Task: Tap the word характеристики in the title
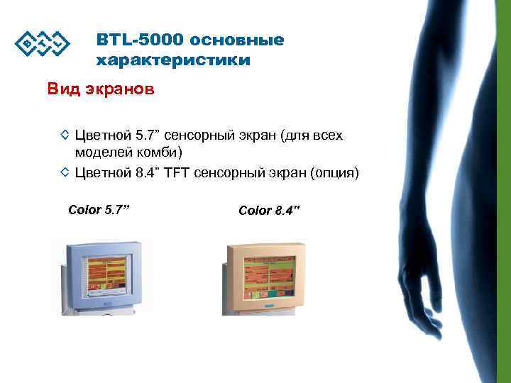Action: [x=172, y=60]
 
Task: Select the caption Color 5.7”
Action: [x=100, y=209]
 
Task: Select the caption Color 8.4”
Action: [x=270, y=211]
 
